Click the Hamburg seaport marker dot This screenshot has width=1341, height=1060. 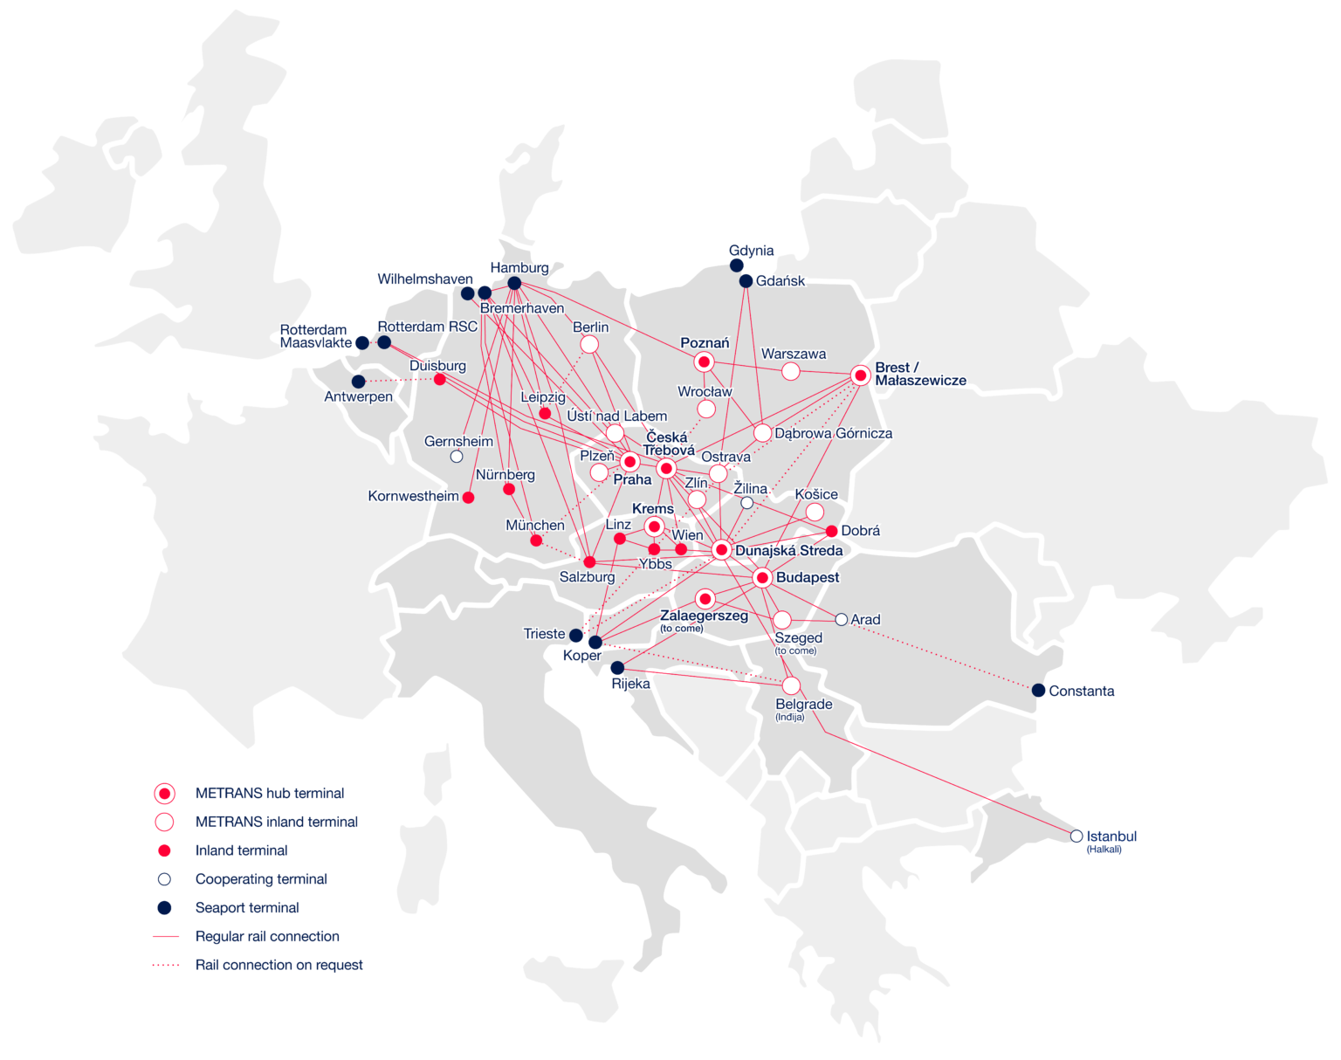click(514, 283)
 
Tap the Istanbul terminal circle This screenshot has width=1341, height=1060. click(1076, 836)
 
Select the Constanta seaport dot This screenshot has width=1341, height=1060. click(1038, 691)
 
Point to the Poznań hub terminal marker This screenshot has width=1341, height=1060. click(705, 361)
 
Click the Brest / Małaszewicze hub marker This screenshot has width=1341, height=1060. click(861, 375)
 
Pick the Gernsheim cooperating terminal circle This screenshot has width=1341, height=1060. click(456, 456)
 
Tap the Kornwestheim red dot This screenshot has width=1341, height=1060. click(468, 498)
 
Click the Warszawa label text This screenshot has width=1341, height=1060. click(793, 354)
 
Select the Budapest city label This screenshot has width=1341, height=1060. click(807, 577)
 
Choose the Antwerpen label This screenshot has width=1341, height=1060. click(358, 396)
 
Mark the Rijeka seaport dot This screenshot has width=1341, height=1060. click(617, 668)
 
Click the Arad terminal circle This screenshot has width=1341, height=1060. click(841, 619)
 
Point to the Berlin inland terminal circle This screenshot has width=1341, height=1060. click(589, 344)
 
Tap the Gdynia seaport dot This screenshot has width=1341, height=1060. click(737, 265)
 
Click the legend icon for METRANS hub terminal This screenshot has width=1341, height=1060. click(164, 793)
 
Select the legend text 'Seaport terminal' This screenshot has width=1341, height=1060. click(246, 907)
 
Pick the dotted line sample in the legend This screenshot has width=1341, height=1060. click(165, 965)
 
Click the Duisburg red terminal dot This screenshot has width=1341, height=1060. click(440, 379)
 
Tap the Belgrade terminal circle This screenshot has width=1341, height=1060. click(791, 686)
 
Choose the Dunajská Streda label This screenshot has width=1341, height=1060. click(788, 550)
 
